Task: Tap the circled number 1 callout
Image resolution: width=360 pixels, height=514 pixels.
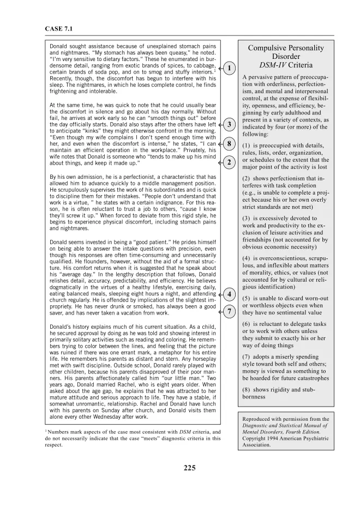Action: tap(230, 68)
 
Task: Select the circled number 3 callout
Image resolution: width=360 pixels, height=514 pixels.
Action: tap(230, 125)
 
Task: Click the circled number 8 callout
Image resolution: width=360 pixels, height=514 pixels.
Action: tap(230, 144)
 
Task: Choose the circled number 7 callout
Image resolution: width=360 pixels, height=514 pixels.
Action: tap(230, 312)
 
